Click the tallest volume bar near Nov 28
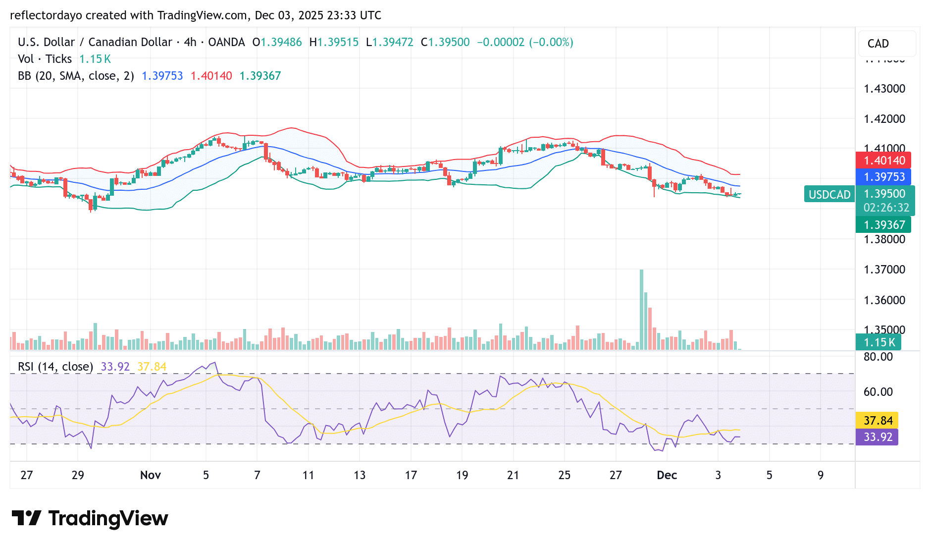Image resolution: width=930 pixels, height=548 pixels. pyautogui.click(x=641, y=310)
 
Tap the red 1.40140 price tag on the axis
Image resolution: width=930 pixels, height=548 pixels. pyautogui.click(x=884, y=161)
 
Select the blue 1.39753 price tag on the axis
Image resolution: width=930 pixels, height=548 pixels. pyautogui.click(x=884, y=177)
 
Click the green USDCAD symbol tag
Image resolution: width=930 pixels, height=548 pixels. pyautogui.click(x=829, y=195)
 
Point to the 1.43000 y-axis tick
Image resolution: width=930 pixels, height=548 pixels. pyautogui.click(x=884, y=89)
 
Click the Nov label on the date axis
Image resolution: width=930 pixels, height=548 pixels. pyautogui.click(x=151, y=475)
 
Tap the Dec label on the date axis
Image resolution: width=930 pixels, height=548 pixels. pyautogui.click(x=667, y=475)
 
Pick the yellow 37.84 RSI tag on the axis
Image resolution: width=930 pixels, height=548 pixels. pyautogui.click(x=878, y=421)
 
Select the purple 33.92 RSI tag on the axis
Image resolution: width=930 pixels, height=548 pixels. pyautogui.click(x=878, y=437)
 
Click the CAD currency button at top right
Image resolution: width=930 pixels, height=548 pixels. pyautogui.click(x=878, y=44)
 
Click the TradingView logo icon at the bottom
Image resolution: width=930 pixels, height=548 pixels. pyautogui.click(x=26, y=518)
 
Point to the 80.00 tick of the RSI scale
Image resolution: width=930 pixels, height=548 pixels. pyautogui.click(x=878, y=357)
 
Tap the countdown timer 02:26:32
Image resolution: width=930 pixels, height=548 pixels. pyautogui.click(x=886, y=208)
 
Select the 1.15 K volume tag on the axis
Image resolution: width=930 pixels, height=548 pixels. pyautogui.click(x=879, y=342)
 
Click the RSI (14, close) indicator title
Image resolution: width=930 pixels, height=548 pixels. pyautogui.click(x=55, y=367)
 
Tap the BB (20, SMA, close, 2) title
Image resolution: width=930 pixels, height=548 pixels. pyautogui.click(x=76, y=76)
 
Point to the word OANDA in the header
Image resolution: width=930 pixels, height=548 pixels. pyautogui.click(x=226, y=42)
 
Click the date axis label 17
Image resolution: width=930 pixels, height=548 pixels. pyautogui.click(x=411, y=475)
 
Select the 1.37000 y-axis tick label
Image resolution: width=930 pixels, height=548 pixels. pyautogui.click(x=884, y=270)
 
